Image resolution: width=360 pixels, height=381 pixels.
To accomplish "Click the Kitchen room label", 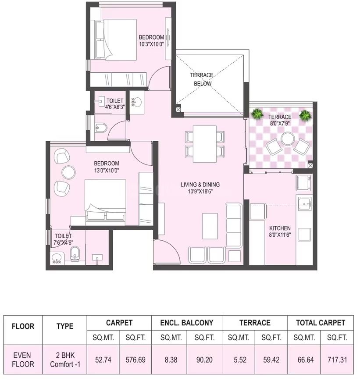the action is [280, 228].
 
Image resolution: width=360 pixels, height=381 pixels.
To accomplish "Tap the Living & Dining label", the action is [200, 185].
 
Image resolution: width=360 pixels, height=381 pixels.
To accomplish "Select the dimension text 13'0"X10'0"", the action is [107, 171].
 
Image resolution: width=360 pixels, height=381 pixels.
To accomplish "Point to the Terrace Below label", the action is [202, 79].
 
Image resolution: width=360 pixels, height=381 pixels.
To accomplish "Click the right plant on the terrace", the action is [305, 115].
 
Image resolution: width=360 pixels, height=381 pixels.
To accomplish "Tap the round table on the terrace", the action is [288, 139].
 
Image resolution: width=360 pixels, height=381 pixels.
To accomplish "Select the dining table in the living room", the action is [205, 144].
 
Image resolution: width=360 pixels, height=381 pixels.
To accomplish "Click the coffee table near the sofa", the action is [210, 226].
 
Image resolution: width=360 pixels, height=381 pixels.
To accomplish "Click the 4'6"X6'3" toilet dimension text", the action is [115, 107].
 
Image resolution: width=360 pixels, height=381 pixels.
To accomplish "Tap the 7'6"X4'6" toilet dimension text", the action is [63, 242].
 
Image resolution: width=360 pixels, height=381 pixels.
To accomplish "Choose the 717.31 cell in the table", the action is [337, 360].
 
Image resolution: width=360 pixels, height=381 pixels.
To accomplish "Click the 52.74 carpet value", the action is [103, 360].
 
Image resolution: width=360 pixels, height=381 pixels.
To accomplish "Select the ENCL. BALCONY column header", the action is [187, 323].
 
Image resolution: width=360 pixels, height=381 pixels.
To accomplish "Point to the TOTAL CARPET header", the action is [321, 323].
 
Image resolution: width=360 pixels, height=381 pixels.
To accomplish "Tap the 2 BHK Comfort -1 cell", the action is [65, 360].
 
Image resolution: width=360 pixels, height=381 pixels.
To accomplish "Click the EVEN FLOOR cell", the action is [23, 360].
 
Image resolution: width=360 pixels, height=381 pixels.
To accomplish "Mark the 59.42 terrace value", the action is [271, 360].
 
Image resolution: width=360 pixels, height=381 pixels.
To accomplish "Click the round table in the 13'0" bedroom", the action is [68, 172].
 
